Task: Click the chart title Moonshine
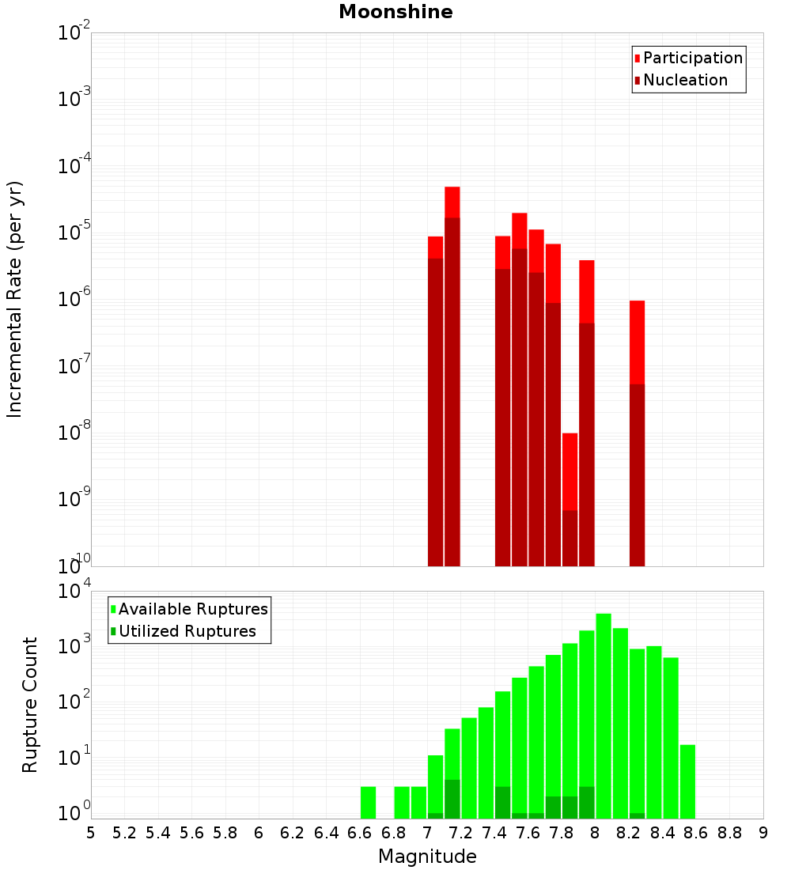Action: (x=395, y=13)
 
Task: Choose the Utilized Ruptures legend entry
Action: (x=187, y=631)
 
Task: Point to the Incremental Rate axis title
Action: (x=15, y=299)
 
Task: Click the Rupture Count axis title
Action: (x=30, y=705)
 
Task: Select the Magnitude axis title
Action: (x=427, y=857)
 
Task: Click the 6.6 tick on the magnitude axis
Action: (x=360, y=833)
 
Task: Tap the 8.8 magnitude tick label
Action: (x=729, y=833)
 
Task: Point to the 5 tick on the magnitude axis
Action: (x=91, y=833)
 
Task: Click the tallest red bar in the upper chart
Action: (x=452, y=316)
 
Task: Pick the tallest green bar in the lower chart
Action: (x=604, y=712)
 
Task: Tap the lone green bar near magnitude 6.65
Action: (x=368, y=802)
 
